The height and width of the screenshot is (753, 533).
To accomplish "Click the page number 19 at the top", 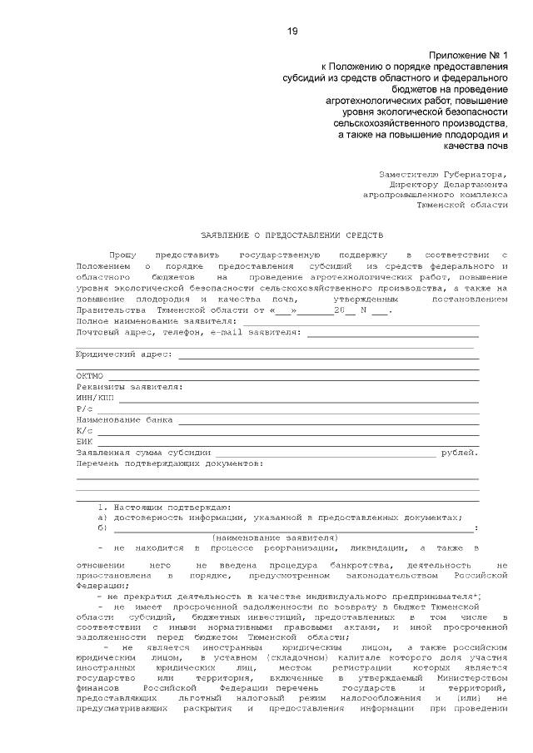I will (x=292, y=31).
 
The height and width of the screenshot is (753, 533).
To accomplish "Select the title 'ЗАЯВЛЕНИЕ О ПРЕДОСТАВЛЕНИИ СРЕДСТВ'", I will (x=292, y=235).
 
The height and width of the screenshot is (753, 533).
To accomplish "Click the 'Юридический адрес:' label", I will (x=124, y=354).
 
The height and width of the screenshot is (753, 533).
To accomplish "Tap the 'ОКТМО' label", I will (x=89, y=376).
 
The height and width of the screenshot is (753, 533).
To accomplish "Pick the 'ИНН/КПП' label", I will (x=94, y=398).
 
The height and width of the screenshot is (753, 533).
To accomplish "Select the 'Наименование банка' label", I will (x=124, y=419).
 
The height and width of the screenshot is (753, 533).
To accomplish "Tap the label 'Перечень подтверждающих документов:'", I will (x=169, y=463).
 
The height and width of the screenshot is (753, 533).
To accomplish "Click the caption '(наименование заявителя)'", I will (x=275, y=538).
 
